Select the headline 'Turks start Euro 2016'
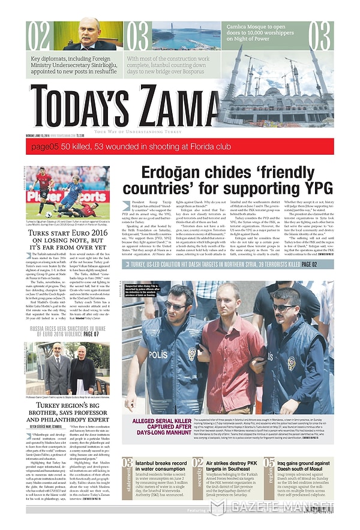pos(67,238)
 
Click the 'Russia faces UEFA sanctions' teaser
pos(67,332)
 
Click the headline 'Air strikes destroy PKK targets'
pos(231,468)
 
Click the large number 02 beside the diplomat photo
pos(37,36)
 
